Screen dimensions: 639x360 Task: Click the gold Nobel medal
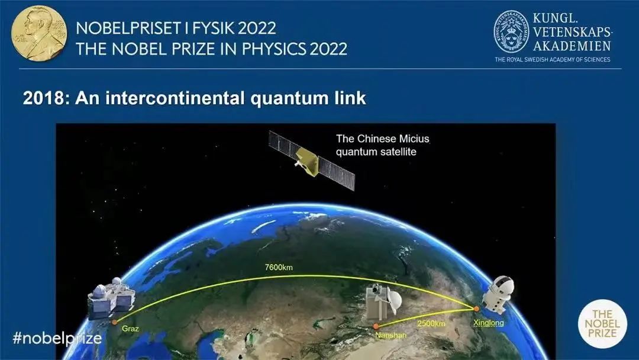[x=39, y=33]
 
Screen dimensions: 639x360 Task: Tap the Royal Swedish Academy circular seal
[x=511, y=32]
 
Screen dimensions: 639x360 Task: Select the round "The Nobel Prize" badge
[x=602, y=324]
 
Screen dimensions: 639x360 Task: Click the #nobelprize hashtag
[x=57, y=338]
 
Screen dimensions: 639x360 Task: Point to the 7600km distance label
[x=279, y=268]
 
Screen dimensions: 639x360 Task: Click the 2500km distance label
[x=431, y=324]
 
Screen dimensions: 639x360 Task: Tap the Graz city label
[x=130, y=329]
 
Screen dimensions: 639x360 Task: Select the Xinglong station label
[x=488, y=323]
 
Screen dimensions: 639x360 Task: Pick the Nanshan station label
[x=391, y=335]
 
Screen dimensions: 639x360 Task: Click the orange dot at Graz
[x=115, y=322]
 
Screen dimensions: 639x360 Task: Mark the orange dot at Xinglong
[x=476, y=309]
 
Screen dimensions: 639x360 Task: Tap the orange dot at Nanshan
[x=376, y=326]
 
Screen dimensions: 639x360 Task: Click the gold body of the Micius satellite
[x=308, y=162]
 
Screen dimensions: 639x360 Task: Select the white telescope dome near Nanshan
[x=393, y=302]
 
